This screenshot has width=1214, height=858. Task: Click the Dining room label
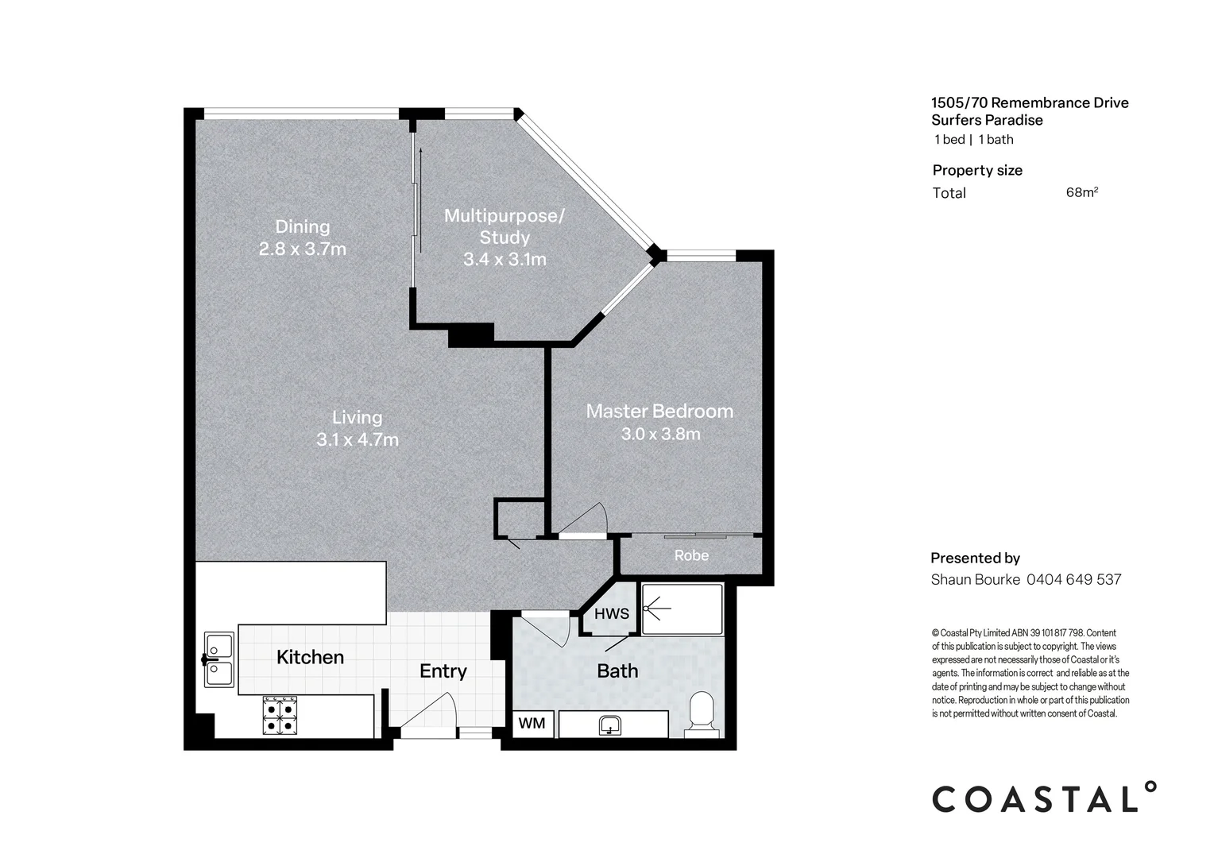click(303, 226)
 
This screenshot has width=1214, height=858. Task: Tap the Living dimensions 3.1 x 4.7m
click(358, 439)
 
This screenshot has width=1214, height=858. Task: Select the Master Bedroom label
click(659, 412)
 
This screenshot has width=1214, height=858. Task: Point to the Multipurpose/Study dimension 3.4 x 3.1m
click(505, 260)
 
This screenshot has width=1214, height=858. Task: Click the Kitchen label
click(310, 657)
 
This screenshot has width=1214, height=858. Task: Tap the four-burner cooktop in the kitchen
click(280, 716)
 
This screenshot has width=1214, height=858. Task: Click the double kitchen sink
click(219, 659)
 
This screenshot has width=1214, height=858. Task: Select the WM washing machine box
click(532, 724)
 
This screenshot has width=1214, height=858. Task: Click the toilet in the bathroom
click(702, 714)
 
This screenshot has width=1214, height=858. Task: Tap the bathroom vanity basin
click(609, 725)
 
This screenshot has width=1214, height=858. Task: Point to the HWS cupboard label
click(611, 613)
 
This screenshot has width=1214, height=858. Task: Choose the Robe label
click(691, 555)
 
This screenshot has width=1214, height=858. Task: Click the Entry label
click(443, 671)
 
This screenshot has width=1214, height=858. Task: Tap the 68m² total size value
click(1082, 192)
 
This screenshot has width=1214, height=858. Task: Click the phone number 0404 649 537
click(1073, 579)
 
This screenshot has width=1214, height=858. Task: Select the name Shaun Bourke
click(976, 579)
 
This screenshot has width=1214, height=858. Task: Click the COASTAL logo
click(1044, 798)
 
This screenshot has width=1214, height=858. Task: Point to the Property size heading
click(977, 171)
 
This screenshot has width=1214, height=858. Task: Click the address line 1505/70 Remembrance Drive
click(1030, 103)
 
